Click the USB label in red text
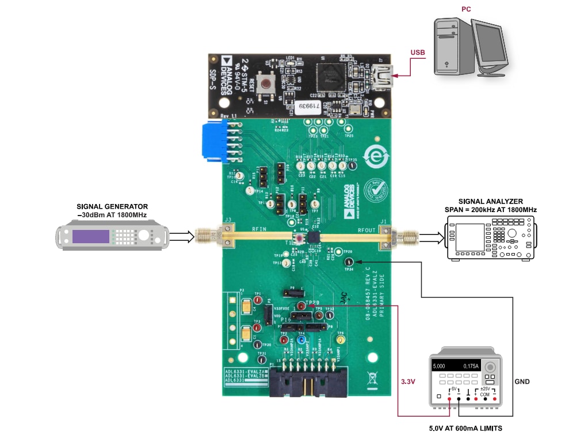pyautogui.click(x=418, y=53)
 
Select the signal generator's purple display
pyautogui.click(x=91, y=237)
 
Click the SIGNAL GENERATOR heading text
pyautogui.click(x=112, y=206)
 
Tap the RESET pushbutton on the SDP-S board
pyautogui.click(x=266, y=84)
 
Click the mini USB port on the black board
pyautogui.click(x=381, y=75)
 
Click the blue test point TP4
pyautogui.click(x=300, y=340)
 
